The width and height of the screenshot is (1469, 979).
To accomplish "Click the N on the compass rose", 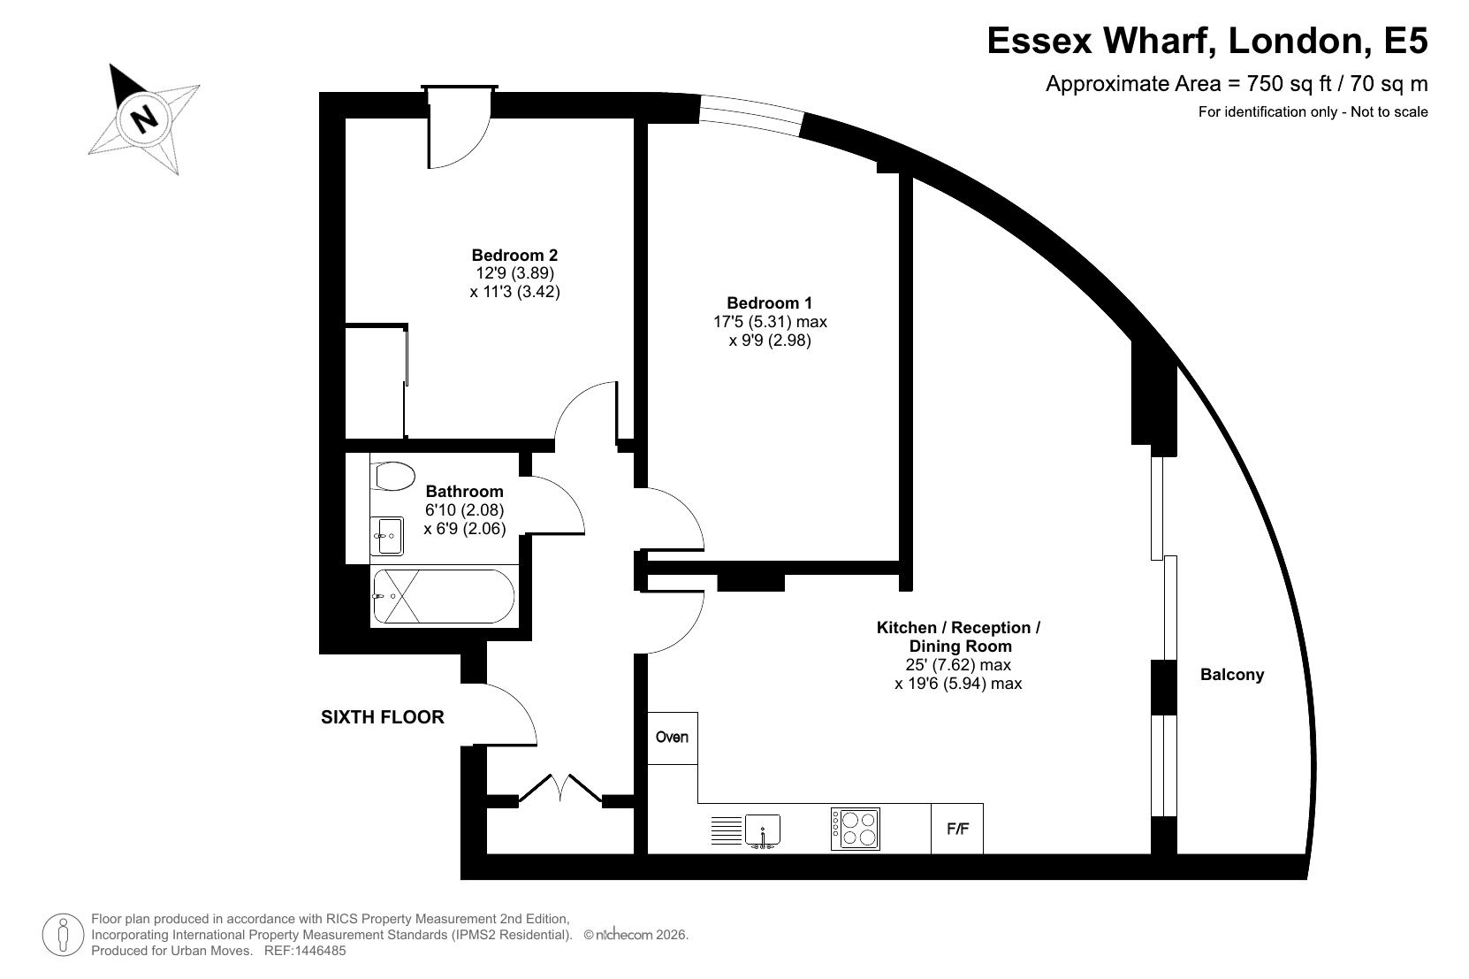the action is [144, 119].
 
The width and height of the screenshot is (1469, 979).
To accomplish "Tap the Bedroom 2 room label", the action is [514, 256].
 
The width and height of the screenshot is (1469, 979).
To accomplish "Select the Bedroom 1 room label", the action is [769, 303].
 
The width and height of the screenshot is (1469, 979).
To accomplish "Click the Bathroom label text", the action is [464, 492].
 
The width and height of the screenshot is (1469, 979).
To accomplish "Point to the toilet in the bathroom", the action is [392, 477].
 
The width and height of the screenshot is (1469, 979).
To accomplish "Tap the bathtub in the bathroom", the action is [444, 596].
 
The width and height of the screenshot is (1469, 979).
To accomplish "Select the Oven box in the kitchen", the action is [673, 738].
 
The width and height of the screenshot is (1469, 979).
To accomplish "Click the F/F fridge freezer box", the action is [957, 829].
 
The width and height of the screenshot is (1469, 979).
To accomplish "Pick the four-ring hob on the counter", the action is [856, 830].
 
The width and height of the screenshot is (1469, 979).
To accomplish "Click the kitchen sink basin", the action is [763, 830].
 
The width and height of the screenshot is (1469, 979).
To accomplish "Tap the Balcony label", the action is [1232, 675].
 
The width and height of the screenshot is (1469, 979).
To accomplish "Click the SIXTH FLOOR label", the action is [383, 717].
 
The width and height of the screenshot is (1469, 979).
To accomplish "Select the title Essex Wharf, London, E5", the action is [1207, 41].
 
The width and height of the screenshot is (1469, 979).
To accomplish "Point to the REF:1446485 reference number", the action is [305, 951].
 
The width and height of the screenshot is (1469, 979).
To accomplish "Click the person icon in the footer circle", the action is [64, 935].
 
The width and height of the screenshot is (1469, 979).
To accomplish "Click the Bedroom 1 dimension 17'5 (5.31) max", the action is [770, 322].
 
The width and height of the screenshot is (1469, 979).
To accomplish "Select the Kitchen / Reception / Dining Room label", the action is [959, 637].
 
